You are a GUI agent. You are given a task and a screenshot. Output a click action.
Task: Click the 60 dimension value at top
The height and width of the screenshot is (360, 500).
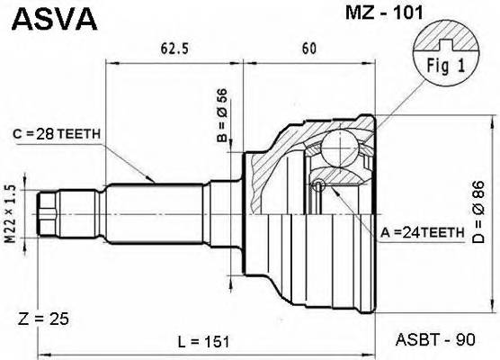click(x=308, y=49)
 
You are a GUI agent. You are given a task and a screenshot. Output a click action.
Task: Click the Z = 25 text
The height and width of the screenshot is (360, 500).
click(x=43, y=319)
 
